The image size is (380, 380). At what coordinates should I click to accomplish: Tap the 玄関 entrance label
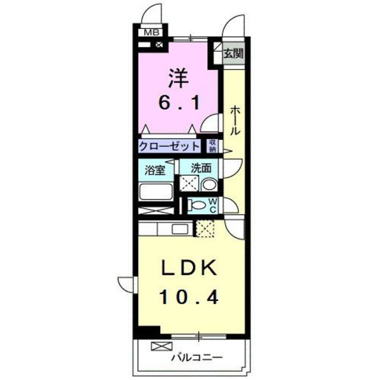click(232, 53)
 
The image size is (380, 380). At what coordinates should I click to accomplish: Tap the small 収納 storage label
click(212, 145)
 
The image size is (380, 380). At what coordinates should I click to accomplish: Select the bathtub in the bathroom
click(156, 192)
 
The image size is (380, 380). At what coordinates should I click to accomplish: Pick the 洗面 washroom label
click(200, 168)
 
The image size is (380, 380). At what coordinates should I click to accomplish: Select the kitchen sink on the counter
click(178, 229)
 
